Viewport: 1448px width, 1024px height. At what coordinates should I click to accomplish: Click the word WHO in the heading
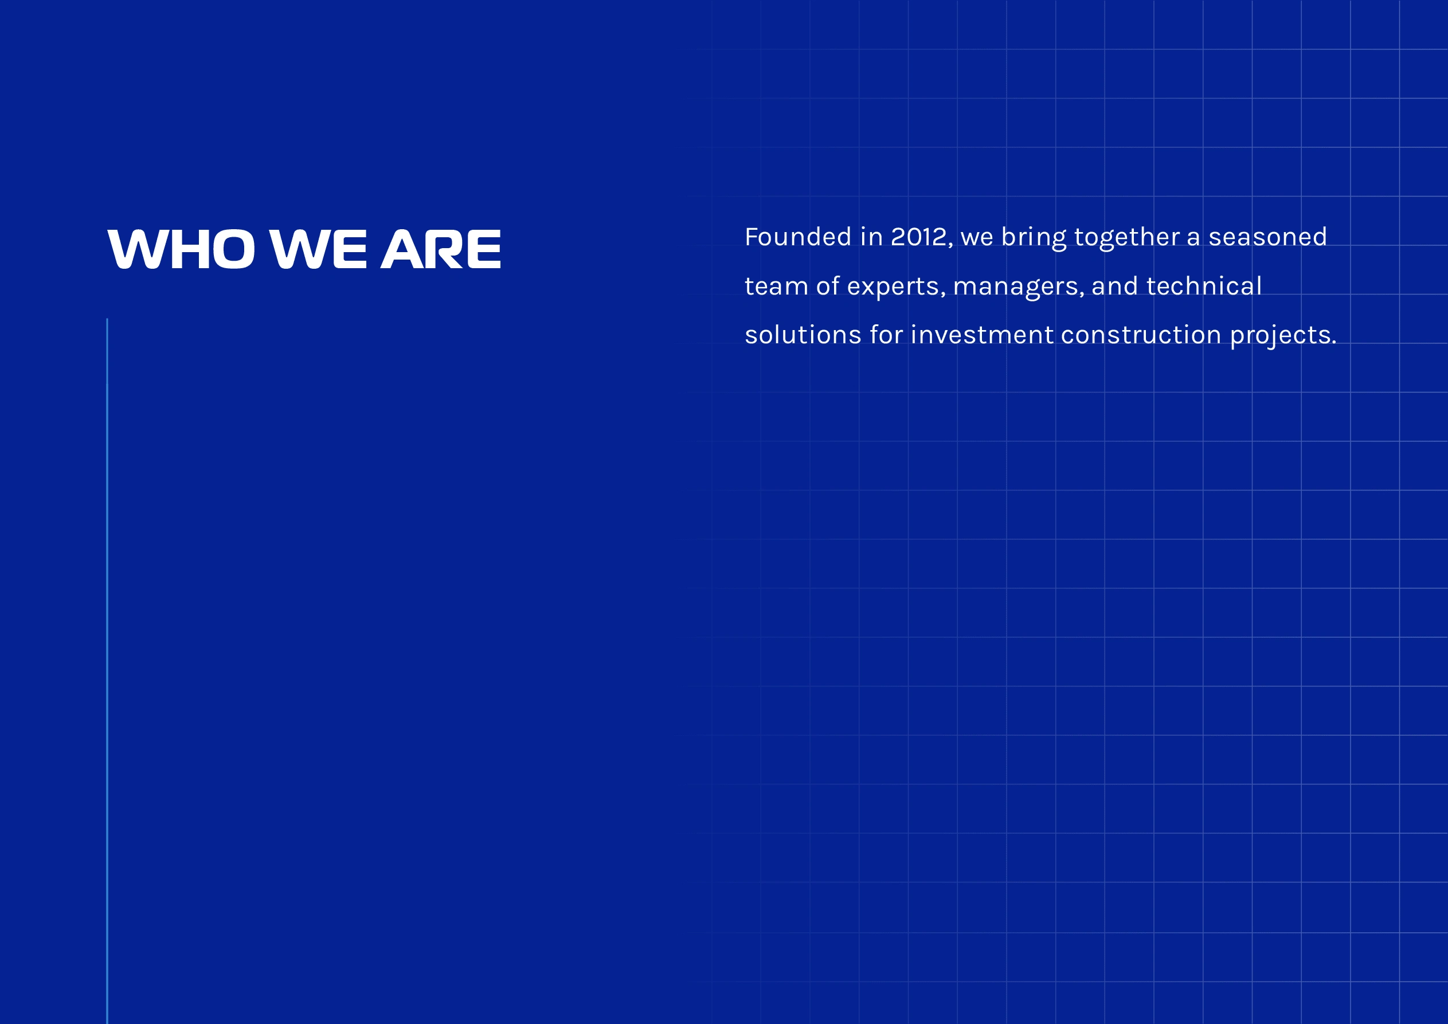point(182,249)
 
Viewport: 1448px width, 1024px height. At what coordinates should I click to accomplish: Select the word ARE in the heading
point(441,249)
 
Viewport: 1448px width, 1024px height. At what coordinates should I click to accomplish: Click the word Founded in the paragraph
point(798,237)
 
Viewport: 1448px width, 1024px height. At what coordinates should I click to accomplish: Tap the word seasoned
point(1267,237)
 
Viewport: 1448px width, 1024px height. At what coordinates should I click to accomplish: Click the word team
point(776,287)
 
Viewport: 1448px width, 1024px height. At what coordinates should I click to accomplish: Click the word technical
point(1204,287)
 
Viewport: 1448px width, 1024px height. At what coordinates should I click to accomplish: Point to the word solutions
point(803,335)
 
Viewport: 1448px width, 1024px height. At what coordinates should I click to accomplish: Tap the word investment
point(982,335)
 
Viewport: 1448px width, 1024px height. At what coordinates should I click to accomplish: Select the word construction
point(1141,335)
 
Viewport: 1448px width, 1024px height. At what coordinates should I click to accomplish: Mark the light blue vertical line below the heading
point(107,671)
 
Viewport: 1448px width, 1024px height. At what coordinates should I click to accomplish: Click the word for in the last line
point(886,335)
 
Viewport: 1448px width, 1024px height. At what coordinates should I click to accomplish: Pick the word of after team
point(827,287)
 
